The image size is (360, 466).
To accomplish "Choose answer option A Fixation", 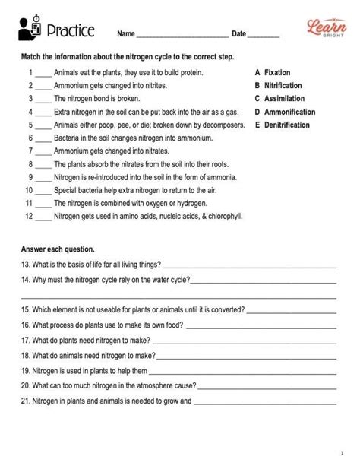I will pos(273,72).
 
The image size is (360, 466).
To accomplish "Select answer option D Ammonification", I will pos(285,112).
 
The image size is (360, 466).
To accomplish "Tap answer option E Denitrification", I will pos(285,125).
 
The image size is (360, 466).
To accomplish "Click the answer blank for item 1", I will pos(43,74).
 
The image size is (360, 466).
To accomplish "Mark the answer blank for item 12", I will pos(43,217).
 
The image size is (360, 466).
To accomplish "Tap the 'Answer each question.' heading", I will pos(58,249).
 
